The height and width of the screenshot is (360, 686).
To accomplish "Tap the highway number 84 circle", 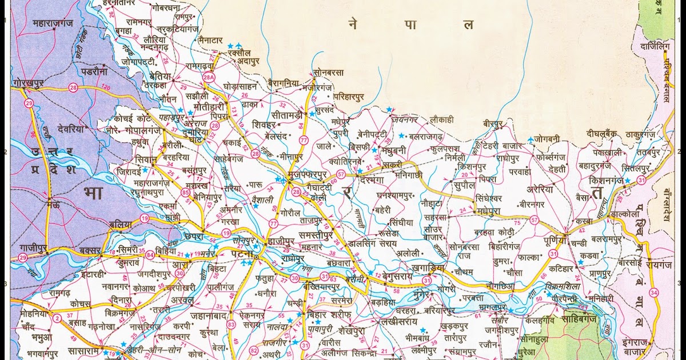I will click(x=150, y=254).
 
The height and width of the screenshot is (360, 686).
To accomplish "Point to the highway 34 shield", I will click(x=654, y=293).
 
